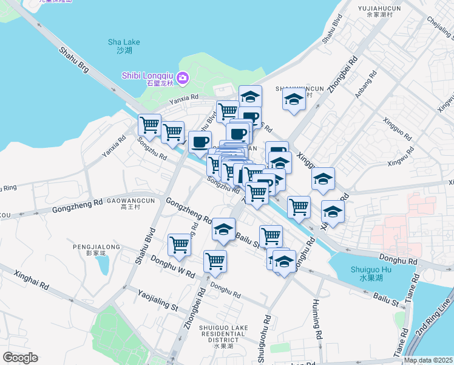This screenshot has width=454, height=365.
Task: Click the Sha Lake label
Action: click(124, 46)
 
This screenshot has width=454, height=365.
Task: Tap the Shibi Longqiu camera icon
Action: click(184, 78)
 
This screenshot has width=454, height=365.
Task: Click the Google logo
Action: click(20, 358)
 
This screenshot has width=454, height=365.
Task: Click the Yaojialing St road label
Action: click(157, 301)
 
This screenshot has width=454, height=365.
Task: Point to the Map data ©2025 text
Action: click(428, 360)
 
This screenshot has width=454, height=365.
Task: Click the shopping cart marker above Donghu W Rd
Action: click(180, 244)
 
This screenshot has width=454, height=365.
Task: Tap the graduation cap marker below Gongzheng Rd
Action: click(223, 229)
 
